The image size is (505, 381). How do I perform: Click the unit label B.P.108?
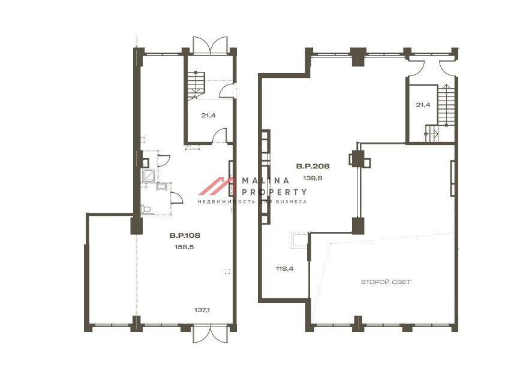pos(185,235)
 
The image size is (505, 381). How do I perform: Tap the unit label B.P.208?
pos(312,167)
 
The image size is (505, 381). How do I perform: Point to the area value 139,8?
pos(312,178)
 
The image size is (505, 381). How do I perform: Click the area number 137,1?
pos(202,310)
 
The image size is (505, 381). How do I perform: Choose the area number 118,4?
pos(285,268)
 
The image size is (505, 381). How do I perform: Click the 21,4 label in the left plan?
pos(208,115)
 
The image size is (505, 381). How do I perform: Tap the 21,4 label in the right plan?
pos(423,105)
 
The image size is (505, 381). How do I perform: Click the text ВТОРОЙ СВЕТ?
pos(386,282)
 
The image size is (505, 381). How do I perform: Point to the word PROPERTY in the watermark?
pos(274,192)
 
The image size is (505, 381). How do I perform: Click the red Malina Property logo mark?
pos(217,186)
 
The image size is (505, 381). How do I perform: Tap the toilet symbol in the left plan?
pos(146,209)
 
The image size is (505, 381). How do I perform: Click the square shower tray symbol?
pos(149,176)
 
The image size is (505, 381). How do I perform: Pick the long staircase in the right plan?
pos(446,105)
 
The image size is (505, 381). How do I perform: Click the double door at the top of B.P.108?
pos(211,45)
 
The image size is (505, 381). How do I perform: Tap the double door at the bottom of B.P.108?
pos(211,334)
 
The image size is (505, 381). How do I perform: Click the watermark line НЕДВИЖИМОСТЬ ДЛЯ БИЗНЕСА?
pos(252,202)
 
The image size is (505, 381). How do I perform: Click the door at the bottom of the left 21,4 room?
pos(220,135)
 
